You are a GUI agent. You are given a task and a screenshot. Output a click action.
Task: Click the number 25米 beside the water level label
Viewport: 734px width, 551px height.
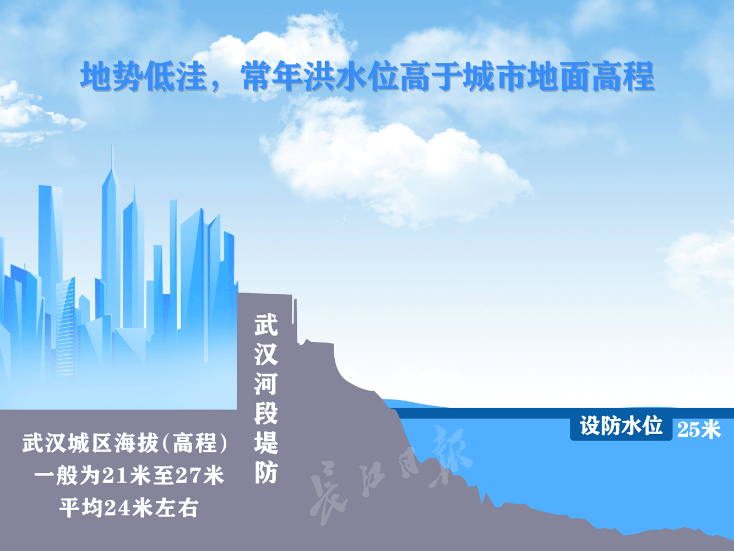click(699, 429)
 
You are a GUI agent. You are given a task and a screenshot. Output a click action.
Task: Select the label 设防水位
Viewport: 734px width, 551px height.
click(621, 426)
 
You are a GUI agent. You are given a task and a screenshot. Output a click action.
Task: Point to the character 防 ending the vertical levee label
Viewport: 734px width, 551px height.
click(266, 472)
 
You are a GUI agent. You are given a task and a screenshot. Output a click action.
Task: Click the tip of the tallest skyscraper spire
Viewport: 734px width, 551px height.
click(112, 147)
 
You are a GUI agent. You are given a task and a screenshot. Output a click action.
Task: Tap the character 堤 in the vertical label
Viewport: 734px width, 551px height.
click(266, 442)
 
